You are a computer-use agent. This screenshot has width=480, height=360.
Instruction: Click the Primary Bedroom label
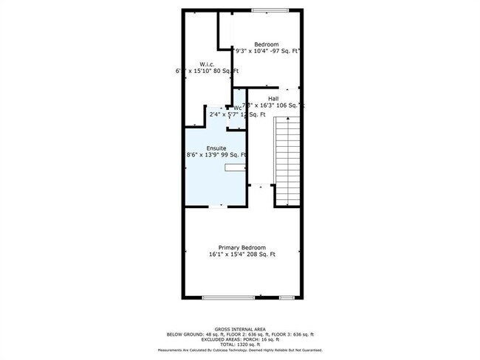coord(241,247)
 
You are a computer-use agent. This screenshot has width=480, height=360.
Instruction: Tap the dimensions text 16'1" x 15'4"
coord(241,255)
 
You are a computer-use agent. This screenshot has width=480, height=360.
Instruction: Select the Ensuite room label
coord(216,148)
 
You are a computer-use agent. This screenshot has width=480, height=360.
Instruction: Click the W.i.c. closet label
coord(208,64)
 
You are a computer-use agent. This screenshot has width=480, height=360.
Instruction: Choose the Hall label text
coord(273,99)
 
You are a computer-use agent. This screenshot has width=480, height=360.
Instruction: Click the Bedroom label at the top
coord(267,44)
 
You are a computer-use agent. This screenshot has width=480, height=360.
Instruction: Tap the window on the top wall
coord(269,10)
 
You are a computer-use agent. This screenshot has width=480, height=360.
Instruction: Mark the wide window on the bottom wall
coord(228,297)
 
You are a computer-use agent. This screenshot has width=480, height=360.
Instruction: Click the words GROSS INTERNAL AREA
coord(240,329)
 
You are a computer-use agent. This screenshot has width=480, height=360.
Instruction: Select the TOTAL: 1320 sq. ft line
coord(240,344)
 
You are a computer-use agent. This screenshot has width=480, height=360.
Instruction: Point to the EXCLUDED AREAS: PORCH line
coord(240,339)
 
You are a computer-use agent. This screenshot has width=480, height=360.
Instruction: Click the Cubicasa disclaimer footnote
coord(240,350)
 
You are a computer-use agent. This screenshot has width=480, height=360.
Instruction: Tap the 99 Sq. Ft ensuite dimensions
coord(216,155)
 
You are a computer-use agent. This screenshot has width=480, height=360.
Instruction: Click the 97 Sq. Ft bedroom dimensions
coord(267,52)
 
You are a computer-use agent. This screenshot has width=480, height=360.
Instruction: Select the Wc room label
coord(237,108)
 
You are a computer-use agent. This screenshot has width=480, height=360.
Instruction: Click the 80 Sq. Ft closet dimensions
coord(208,72)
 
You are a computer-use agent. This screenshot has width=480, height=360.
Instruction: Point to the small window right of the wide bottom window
coord(287,297)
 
